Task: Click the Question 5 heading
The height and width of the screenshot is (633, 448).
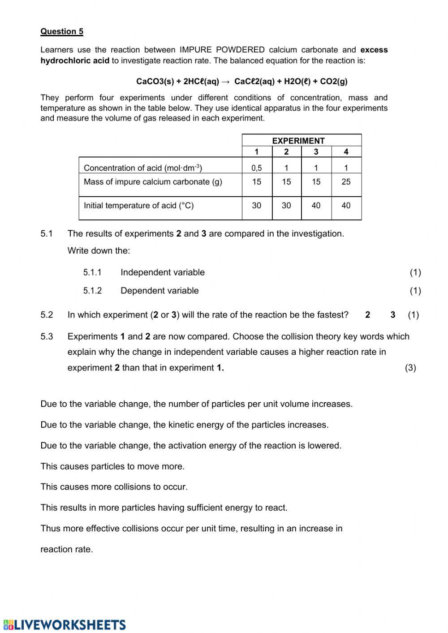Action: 62,31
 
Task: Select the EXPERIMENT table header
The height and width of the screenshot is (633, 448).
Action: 298,140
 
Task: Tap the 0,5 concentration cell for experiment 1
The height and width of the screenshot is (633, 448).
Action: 257,168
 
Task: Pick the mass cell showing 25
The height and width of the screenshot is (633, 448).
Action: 346,182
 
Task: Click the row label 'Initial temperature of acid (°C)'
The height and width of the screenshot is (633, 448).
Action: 138,206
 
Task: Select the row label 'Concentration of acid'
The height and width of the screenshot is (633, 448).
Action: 142,168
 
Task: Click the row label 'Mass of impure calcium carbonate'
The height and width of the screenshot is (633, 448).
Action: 153,182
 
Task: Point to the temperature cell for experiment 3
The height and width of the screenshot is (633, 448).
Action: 316,206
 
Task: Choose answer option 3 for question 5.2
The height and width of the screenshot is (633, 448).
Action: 393,315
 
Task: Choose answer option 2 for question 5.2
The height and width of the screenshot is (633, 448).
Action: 368,315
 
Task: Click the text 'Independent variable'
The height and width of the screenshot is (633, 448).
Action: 163,272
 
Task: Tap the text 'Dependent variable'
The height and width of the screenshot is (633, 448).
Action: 159,291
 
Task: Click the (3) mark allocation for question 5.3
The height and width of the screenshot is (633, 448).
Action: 410,368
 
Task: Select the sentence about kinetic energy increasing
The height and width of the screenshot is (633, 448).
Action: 184,425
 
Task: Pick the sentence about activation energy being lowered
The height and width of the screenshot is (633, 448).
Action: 191,446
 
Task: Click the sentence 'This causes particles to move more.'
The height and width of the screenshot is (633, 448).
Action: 112,466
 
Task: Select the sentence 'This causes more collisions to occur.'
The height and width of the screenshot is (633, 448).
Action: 114,487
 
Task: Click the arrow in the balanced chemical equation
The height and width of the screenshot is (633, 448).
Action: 226,82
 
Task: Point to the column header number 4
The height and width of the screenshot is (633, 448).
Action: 346,152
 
